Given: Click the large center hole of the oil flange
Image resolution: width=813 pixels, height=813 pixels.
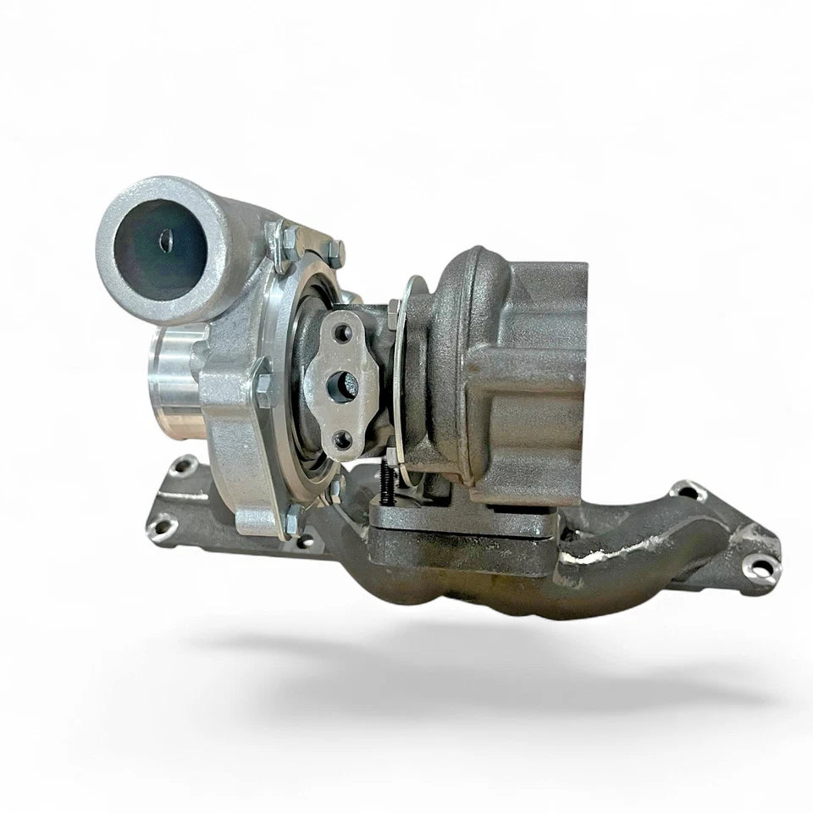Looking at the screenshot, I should click(346, 383).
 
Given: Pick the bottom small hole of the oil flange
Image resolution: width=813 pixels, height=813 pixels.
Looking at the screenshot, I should click(342, 438).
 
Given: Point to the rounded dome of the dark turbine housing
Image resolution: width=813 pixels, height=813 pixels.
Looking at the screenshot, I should click(462, 279).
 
